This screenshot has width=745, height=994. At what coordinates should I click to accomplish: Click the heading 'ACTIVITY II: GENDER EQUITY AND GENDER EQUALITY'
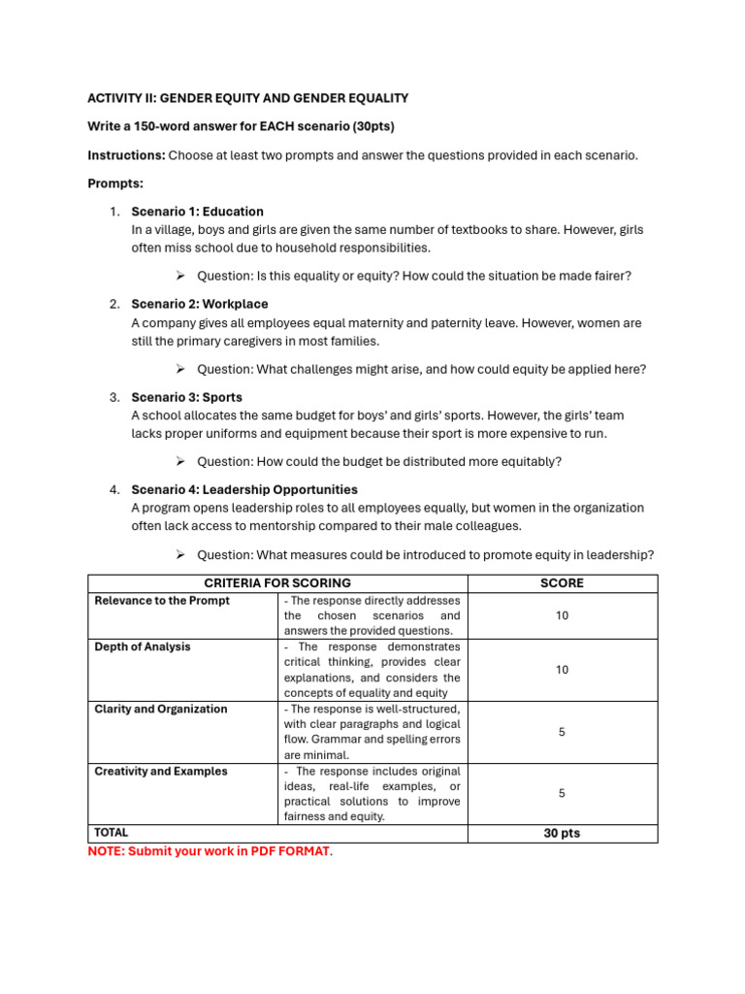tap(248, 98)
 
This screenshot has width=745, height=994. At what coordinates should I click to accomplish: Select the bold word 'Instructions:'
tap(126, 155)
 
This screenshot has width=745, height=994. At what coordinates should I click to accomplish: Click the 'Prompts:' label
tap(114, 182)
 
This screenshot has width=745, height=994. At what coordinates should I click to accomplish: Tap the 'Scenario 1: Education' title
tap(197, 212)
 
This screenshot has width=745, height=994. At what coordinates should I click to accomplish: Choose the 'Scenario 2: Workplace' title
tap(200, 304)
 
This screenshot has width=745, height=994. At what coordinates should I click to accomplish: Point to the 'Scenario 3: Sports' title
tap(187, 397)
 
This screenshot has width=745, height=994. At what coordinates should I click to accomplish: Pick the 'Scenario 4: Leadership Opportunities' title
tap(244, 490)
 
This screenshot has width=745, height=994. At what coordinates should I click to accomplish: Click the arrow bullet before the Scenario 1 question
tap(180, 276)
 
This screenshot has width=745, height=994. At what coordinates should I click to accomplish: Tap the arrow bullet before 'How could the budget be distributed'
tap(180, 461)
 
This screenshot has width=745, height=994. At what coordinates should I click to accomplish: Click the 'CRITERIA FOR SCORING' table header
tap(277, 583)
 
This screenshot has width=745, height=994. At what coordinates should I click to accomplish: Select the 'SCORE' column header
tap(562, 583)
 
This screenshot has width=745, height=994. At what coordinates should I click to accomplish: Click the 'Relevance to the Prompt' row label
tap(162, 601)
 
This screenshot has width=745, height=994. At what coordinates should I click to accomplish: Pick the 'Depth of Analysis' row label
tap(143, 647)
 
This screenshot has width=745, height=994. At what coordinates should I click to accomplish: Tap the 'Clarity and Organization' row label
tap(161, 710)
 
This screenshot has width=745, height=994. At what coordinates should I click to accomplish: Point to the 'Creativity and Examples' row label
tap(161, 772)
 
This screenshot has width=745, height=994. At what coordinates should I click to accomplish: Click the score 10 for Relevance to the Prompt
tap(563, 615)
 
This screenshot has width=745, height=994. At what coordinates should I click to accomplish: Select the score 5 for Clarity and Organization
tap(563, 732)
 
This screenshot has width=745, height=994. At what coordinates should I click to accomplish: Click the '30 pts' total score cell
tap(563, 833)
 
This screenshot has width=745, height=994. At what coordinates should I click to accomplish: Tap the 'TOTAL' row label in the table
tap(112, 833)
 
